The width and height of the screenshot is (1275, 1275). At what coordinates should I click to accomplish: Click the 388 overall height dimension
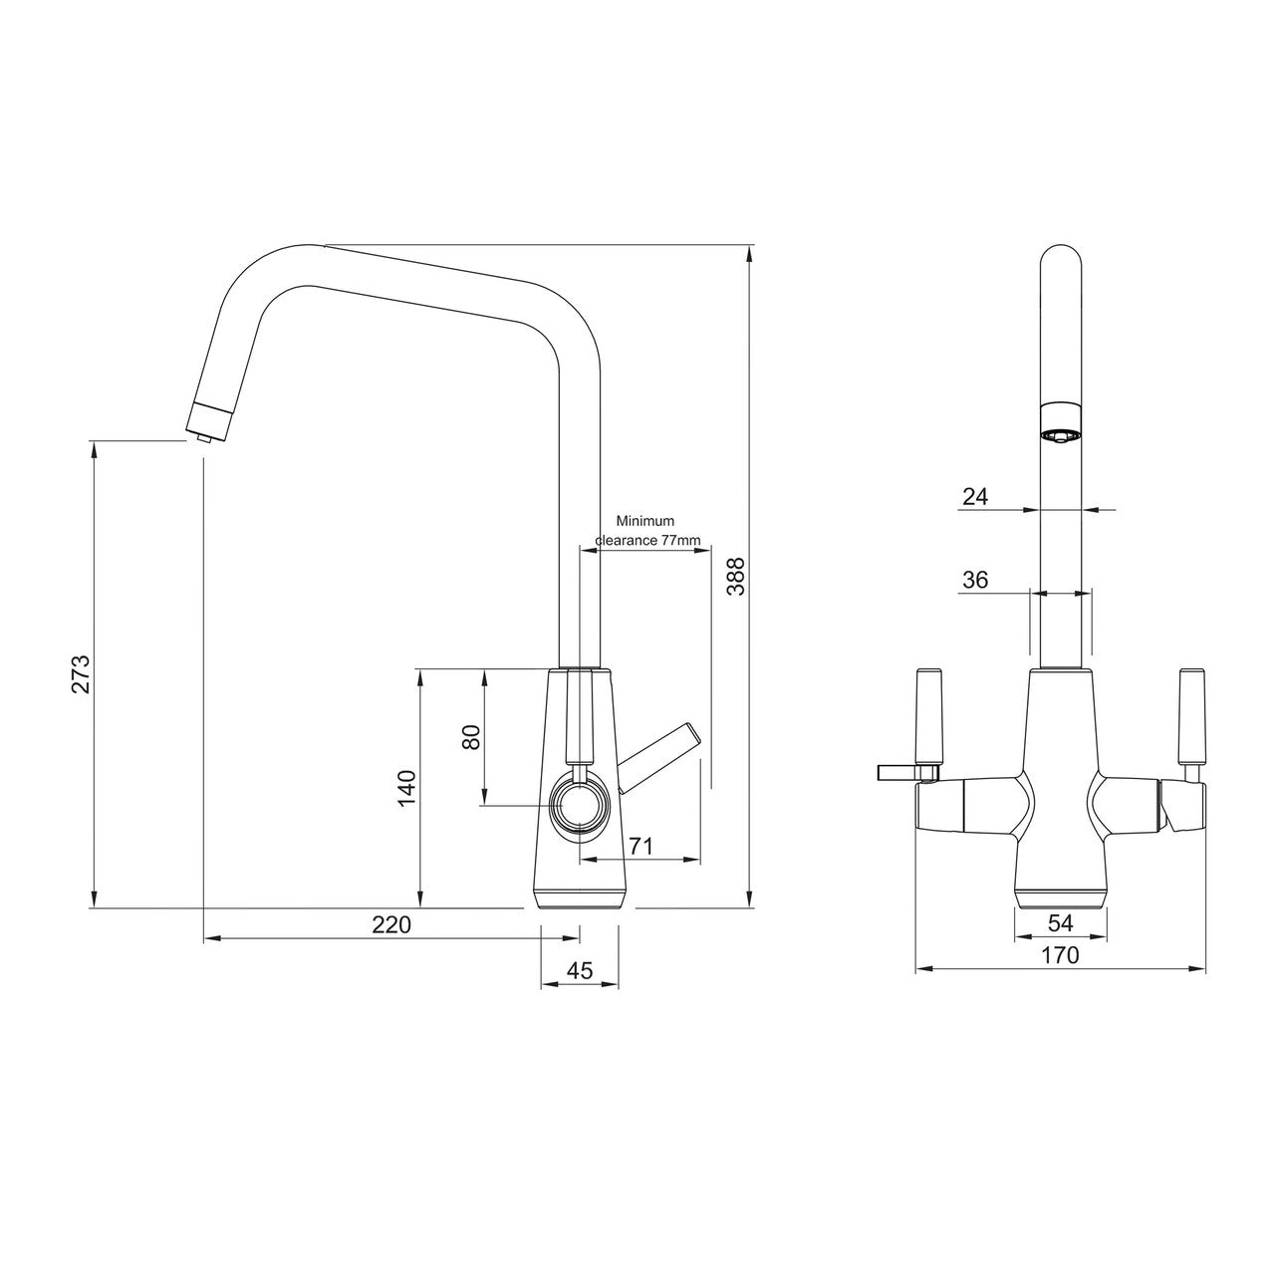pyautogui.click(x=735, y=576)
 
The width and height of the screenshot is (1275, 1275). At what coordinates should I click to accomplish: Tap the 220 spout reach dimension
pyautogui.click(x=391, y=924)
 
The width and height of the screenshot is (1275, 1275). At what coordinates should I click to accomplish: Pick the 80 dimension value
pyautogui.click(x=471, y=737)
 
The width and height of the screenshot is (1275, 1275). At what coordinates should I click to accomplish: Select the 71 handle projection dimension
pyautogui.click(x=640, y=846)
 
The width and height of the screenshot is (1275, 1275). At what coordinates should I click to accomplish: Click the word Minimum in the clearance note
pyautogui.click(x=644, y=521)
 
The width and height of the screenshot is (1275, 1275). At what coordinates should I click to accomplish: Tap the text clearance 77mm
pyautogui.click(x=648, y=540)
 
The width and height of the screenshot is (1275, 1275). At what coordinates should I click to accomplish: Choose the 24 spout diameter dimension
pyautogui.click(x=975, y=496)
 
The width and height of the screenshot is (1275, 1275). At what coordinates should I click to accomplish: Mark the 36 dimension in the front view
pyautogui.click(x=975, y=579)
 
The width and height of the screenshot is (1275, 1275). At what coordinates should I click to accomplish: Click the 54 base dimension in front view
pyautogui.click(x=1060, y=923)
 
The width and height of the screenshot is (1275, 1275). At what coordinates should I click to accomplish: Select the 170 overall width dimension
pyautogui.click(x=1060, y=955)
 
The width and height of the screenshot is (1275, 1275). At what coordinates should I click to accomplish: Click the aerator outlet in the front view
pyautogui.click(x=1060, y=434)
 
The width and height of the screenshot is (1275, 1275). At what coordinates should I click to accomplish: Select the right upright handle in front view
pyautogui.click(x=1191, y=715)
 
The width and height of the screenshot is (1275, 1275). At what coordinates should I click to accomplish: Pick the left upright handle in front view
pyautogui.click(x=929, y=715)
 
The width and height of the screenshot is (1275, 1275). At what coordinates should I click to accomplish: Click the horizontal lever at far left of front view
pyautogui.click(x=901, y=772)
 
